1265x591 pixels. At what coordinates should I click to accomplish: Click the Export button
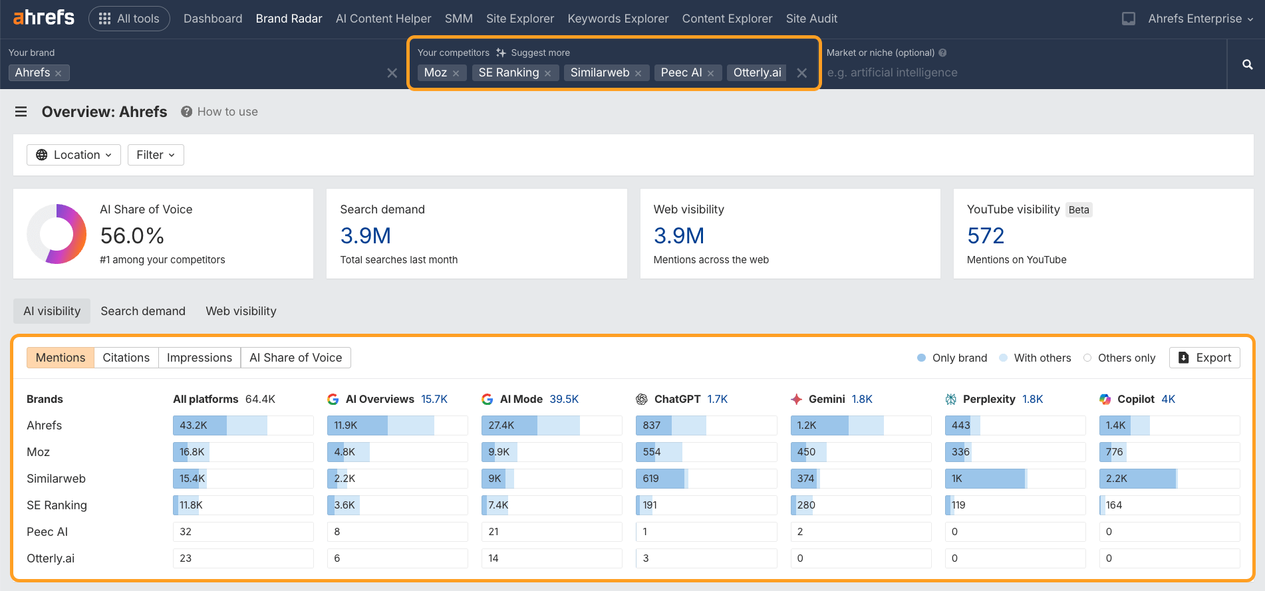pyautogui.click(x=1204, y=358)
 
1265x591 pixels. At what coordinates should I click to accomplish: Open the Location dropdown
pyautogui.click(x=73, y=155)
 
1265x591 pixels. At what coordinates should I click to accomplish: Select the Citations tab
pyautogui.click(x=126, y=358)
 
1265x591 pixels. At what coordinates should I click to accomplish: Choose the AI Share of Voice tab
pyautogui.click(x=295, y=358)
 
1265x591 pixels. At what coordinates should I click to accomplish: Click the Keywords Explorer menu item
pyautogui.click(x=618, y=19)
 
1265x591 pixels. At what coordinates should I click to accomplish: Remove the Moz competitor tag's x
pyautogui.click(x=456, y=73)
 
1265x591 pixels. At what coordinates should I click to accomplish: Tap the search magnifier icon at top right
pyautogui.click(x=1247, y=64)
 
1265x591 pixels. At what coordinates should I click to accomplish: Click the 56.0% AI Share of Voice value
pyautogui.click(x=132, y=235)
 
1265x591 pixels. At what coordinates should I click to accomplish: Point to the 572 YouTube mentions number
pyautogui.click(x=985, y=235)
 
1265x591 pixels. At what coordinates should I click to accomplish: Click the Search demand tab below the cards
pyautogui.click(x=143, y=311)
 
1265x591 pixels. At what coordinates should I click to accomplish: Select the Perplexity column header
pyautogui.click(x=988, y=399)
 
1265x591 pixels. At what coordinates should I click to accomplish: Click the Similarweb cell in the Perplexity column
pyautogui.click(x=1015, y=479)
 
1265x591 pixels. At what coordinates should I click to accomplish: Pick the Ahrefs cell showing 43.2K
pyautogui.click(x=243, y=425)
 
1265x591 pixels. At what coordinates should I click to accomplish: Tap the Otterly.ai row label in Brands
pyautogui.click(x=51, y=558)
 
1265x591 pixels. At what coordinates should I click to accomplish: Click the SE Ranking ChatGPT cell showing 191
pyautogui.click(x=706, y=505)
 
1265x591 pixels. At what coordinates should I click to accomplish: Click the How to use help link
pyautogui.click(x=227, y=112)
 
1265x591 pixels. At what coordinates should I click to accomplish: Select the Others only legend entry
pyautogui.click(x=1125, y=358)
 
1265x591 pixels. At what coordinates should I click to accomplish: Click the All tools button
pyautogui.click(x=129, y=19)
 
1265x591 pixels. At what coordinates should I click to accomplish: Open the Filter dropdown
pyautogui.click(x=155, y=155)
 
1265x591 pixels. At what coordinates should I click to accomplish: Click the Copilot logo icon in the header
pyautogui.click(x=1105, y=399)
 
